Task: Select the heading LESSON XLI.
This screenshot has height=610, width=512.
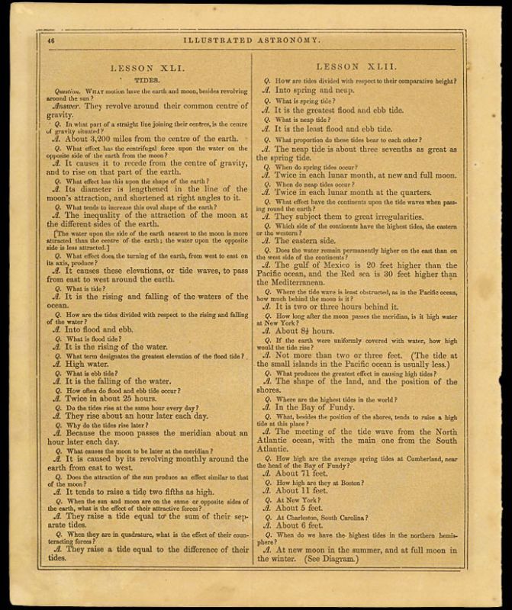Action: click(x=146, y=67)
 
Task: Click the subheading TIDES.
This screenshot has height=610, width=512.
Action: click(x=146, y=79)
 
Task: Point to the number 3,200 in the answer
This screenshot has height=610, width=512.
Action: click(x=105, y=140)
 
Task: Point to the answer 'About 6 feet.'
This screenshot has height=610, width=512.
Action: click(x=301, y=525)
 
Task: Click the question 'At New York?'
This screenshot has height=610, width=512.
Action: click(x=298, y=499)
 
